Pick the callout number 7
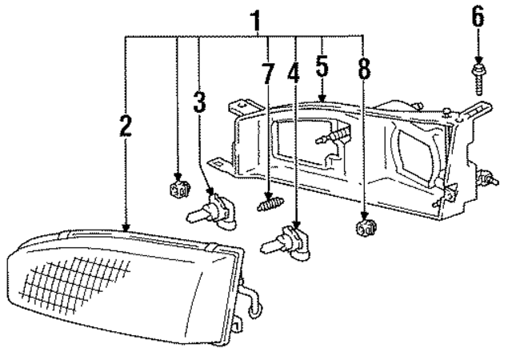[267, 74]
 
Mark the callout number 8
[364, 70]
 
